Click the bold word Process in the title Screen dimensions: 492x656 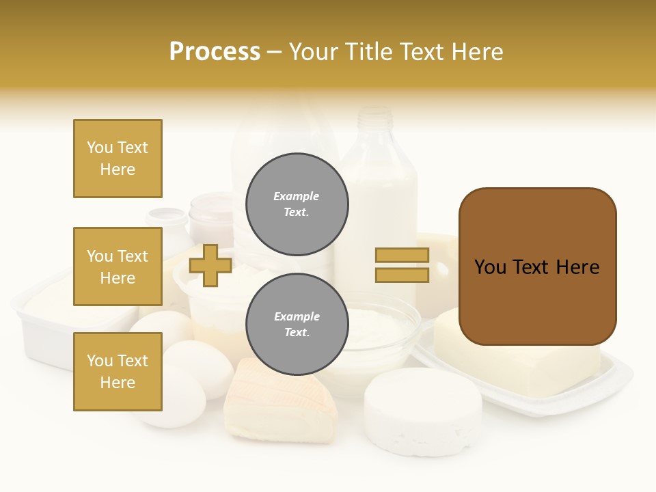pos(215,52)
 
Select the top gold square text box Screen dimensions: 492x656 pos(118,159)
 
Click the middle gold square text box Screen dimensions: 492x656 pos(118,266)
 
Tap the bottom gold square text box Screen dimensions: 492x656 pos(118,372)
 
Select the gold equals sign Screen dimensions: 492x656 pos(402,265)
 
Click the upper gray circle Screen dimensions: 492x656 pos(297,204)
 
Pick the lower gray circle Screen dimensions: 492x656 pos(297,325)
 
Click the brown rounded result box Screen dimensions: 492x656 pos(537,266)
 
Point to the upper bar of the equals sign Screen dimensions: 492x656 pos(402,255)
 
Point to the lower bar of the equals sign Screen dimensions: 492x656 pos(402,275)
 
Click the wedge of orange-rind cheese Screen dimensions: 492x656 pos(280,403)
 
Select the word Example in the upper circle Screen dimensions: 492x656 pos(296,196)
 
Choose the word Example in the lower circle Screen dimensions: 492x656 pos(297,316)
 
